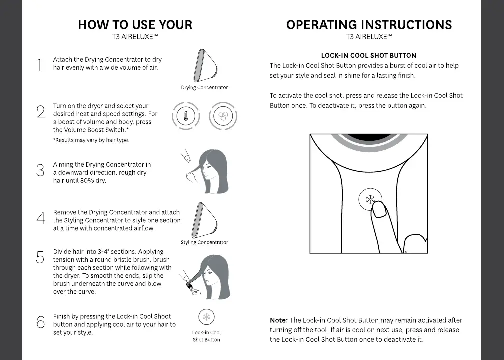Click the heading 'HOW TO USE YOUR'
(135, 25)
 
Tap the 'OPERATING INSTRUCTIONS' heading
(369, 25)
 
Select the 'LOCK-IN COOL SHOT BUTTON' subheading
(369, 55)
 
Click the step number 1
(39, 65)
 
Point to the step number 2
(41, 111)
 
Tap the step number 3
(41, 170)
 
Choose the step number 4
(41, 218)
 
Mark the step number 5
(40, 257)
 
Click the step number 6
(41, 322)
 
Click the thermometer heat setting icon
(186, 116)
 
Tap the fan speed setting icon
(223, 116)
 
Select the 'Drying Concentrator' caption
(204, 88)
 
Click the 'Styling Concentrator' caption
(204, 242)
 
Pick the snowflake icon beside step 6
(206, 317)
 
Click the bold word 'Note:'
(279, 320)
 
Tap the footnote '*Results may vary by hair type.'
(91, 140)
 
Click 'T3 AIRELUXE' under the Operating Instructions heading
(369, 36)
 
